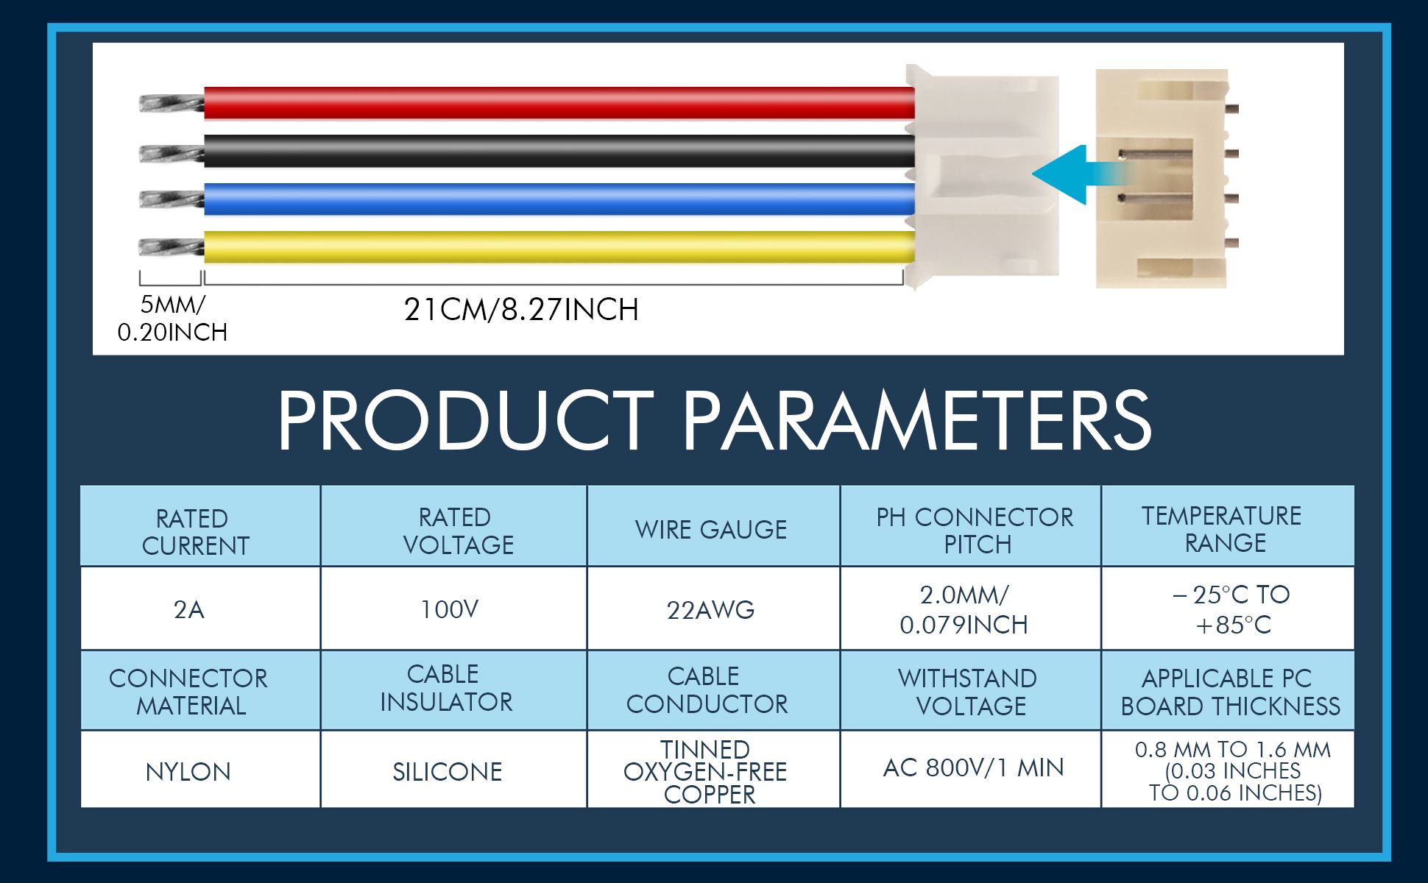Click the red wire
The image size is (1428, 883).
(x=559, y=103)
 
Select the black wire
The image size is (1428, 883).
(x=559, y=151)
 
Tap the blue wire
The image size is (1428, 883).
(x=559, y=199)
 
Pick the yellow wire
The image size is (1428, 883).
(x=559, y=247)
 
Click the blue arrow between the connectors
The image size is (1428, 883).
(x=1081, y=174)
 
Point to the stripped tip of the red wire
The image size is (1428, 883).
(x=172, y=104)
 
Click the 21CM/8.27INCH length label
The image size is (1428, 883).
(x=521, y=310)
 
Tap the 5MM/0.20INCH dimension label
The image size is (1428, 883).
(x=172, y=319)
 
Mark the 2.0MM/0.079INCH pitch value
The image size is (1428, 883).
(x=964, y=610)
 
